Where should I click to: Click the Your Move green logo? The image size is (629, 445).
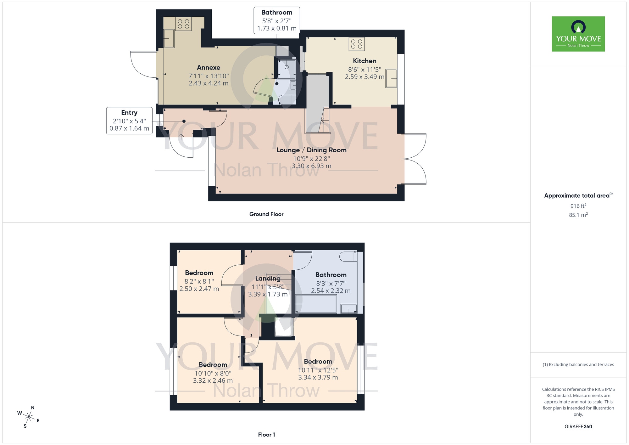578,34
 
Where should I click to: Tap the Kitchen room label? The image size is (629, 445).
365,61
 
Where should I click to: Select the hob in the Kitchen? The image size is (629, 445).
356,44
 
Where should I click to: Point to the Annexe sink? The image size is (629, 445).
169,39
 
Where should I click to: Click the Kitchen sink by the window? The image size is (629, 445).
391,78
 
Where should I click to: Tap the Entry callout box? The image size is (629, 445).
129,121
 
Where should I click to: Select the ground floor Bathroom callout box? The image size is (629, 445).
277,20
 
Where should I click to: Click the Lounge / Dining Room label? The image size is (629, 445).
311,150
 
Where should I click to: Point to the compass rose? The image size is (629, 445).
29,417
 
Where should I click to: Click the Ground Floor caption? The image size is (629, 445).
266,214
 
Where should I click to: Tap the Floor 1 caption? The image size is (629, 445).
266,435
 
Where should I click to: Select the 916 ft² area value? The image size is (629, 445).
578,206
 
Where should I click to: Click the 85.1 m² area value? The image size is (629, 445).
578,215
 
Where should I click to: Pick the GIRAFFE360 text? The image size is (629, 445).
578,427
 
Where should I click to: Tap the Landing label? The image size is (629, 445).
268,279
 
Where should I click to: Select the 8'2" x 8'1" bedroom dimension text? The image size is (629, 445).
199,281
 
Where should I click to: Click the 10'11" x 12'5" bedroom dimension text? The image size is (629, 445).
318,370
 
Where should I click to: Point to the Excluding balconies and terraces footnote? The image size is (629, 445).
578,364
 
